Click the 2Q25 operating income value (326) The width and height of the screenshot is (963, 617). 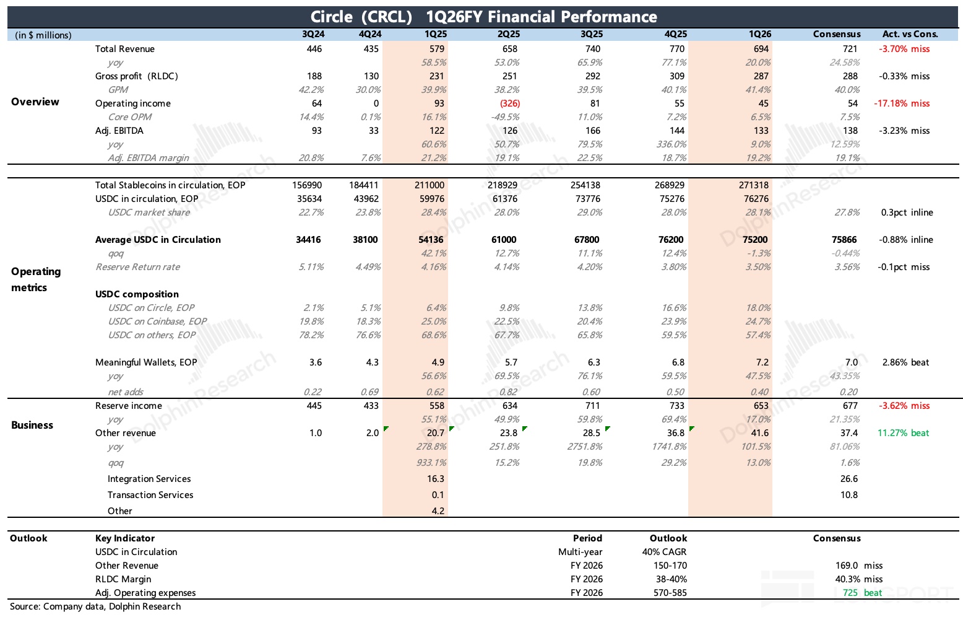(509, 103)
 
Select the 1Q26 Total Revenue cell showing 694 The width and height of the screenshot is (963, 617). (761, 48)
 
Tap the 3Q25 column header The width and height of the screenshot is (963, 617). (592, 34)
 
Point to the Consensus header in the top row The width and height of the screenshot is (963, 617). (837, 34)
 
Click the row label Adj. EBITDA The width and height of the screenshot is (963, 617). (119, 131)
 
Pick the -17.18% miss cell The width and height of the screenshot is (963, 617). (902, 103)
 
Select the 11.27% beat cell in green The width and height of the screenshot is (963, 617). (903, 433)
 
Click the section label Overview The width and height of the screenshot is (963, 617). (35, 102)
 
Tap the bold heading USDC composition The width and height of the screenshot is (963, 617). (137, 294)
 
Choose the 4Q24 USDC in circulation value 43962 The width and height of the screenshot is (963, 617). (364, 199)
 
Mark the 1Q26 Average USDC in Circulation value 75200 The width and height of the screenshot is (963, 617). (754, 240)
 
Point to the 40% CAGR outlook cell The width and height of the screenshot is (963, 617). (664, 552)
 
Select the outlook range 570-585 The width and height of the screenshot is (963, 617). (670, 593)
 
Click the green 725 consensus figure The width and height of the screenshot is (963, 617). (850, 593)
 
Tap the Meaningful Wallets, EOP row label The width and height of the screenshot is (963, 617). (145, 362)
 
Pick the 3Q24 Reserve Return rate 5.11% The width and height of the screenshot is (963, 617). (311, 267)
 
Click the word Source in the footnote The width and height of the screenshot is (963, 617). (25, 606)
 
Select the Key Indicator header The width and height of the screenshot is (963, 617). (124, 538)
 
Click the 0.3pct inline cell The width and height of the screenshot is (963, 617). (907, 212)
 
